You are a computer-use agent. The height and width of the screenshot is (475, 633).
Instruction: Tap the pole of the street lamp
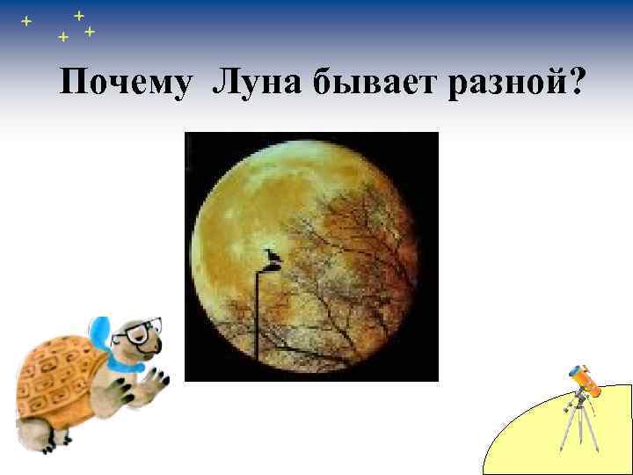pos(257,317)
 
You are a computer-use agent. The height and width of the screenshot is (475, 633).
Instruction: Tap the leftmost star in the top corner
pos(25,20)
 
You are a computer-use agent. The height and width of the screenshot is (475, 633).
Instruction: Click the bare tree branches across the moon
pos(360,255)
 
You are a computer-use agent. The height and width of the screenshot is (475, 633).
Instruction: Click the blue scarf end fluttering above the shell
pos(101,332)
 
